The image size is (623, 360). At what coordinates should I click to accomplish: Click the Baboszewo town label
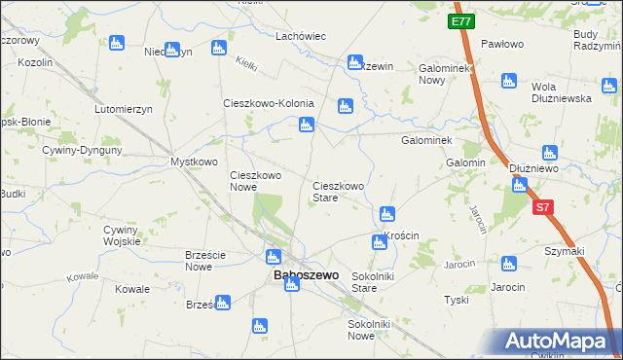[x=307, y=275]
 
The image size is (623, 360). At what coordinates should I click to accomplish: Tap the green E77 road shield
[x=461, y=19]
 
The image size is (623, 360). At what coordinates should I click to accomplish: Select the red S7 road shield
[x=543, y=207]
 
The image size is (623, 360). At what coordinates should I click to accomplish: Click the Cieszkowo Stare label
[x=338, y=191]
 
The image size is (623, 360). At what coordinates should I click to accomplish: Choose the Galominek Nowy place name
[x=445, y=75]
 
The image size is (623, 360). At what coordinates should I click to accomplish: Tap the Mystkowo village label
[x=194, y=162]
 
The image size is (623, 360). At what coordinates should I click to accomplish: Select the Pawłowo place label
[x=502, y=45]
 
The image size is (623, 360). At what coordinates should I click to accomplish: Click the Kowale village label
[x=131, y=290]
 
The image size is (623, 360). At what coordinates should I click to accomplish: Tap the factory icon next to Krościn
[x=380, y=241]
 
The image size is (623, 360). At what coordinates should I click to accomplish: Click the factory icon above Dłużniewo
[x=549, y=152]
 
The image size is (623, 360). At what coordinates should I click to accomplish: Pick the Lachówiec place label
[x=300, y=35]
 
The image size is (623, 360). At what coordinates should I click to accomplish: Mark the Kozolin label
[x=35, y=61]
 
